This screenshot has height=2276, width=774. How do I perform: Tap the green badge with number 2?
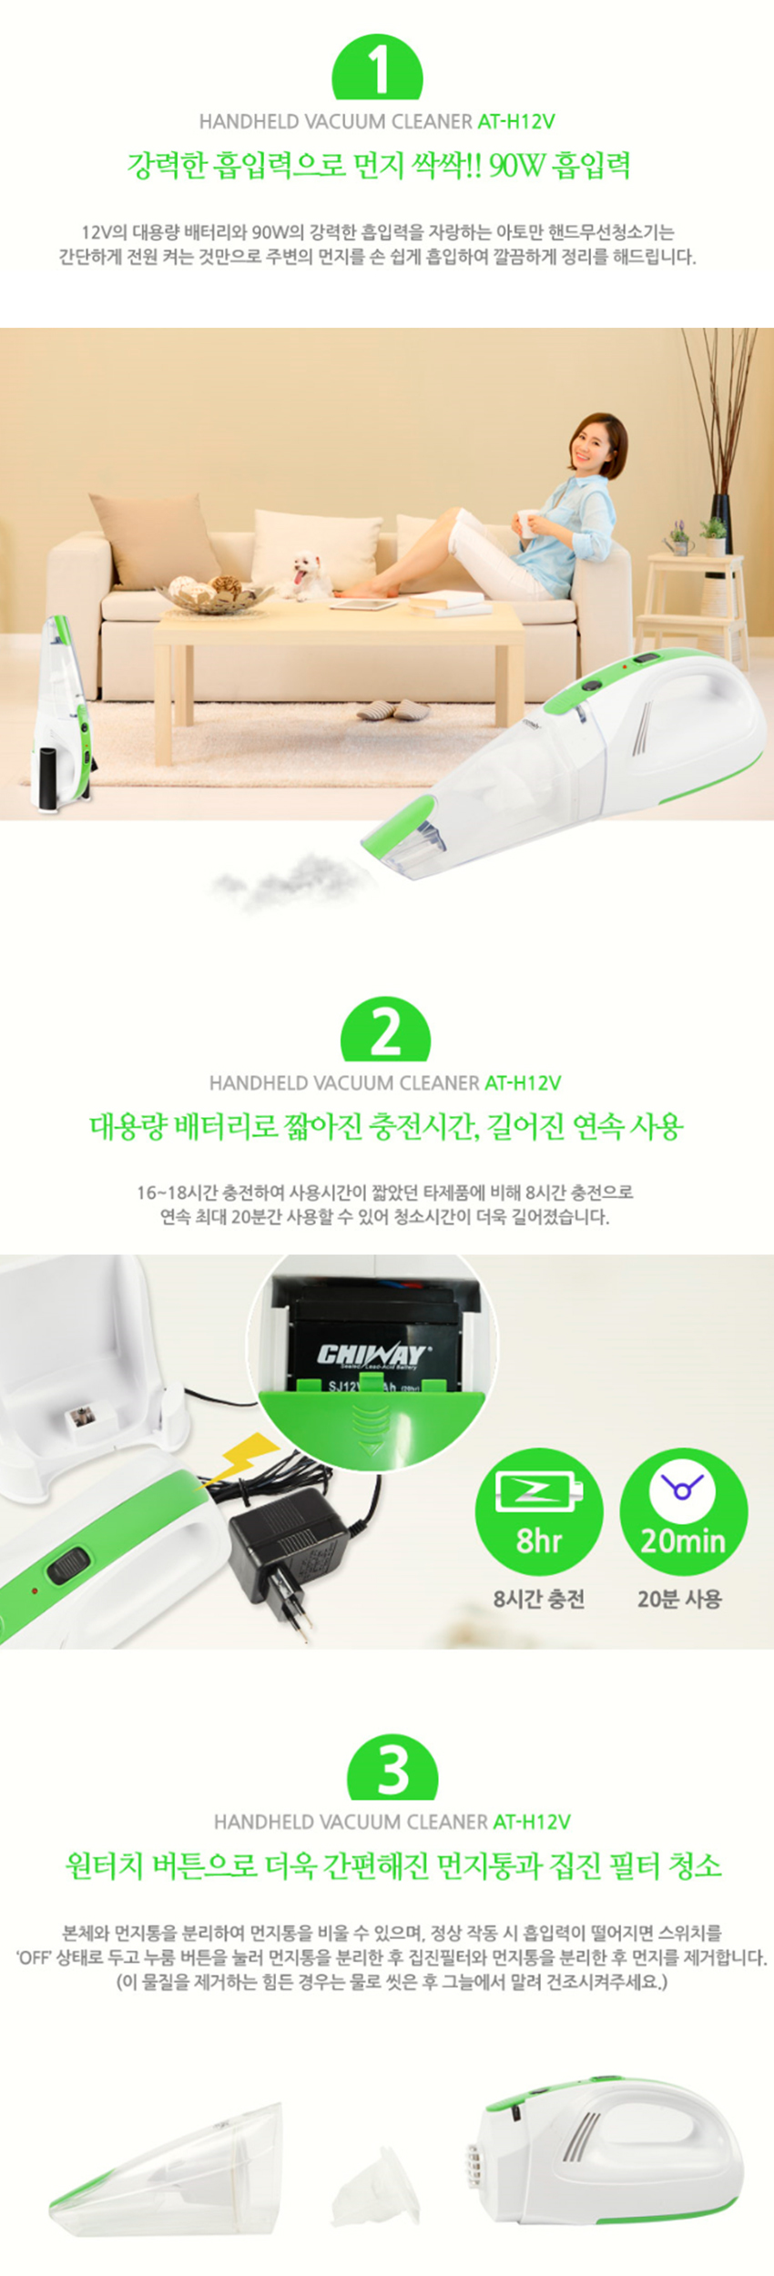(x=385, y=1030)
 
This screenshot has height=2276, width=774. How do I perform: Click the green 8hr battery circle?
(x=539, y=1512)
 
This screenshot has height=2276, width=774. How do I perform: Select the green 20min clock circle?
(x=683, y=1512)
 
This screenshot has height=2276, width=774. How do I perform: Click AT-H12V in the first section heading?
(x=515, y=121)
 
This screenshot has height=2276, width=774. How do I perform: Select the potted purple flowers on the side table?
(x=678, y=538)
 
